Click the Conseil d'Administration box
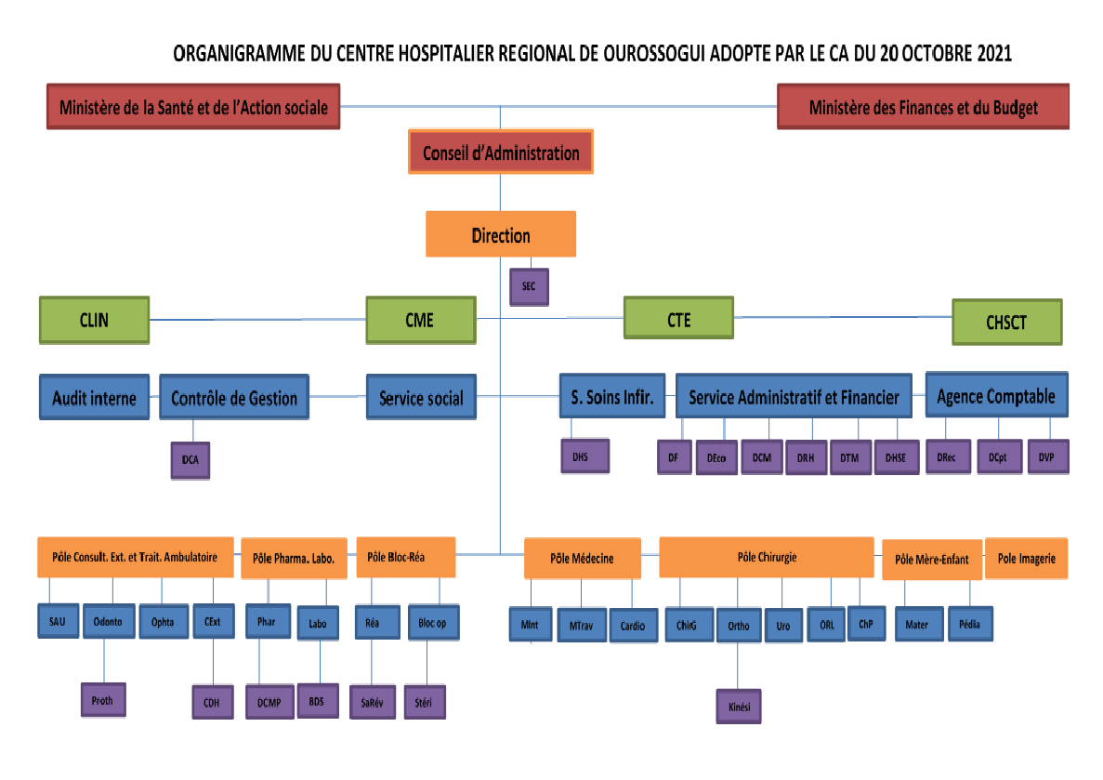500,153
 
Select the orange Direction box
501,235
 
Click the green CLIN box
94,320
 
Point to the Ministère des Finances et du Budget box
923,107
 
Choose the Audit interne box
94,398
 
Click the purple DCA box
190,459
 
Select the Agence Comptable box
996,396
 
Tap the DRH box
805,457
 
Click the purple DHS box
580,456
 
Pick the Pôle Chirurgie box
766,558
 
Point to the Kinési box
739,706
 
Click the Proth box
102,700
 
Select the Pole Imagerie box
1026,559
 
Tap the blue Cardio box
632,626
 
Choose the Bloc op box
432,623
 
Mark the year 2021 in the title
993,54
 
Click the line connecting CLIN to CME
257,320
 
